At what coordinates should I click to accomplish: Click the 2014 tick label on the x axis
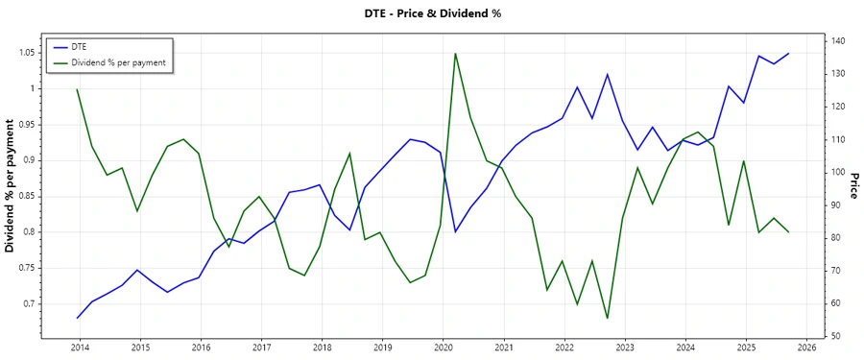(79, 347)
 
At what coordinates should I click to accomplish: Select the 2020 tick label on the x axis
(443, 347)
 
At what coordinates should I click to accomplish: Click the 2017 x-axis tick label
(260, 347)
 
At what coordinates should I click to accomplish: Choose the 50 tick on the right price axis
(833, 336)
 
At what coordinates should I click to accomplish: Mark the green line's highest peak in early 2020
(455, 53)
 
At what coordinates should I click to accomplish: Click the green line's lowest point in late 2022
(607, 318)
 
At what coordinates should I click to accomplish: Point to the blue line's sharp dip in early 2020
(455, 231)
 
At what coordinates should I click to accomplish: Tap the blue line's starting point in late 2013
(77, 318)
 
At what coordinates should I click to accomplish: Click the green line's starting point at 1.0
(77, 89)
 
